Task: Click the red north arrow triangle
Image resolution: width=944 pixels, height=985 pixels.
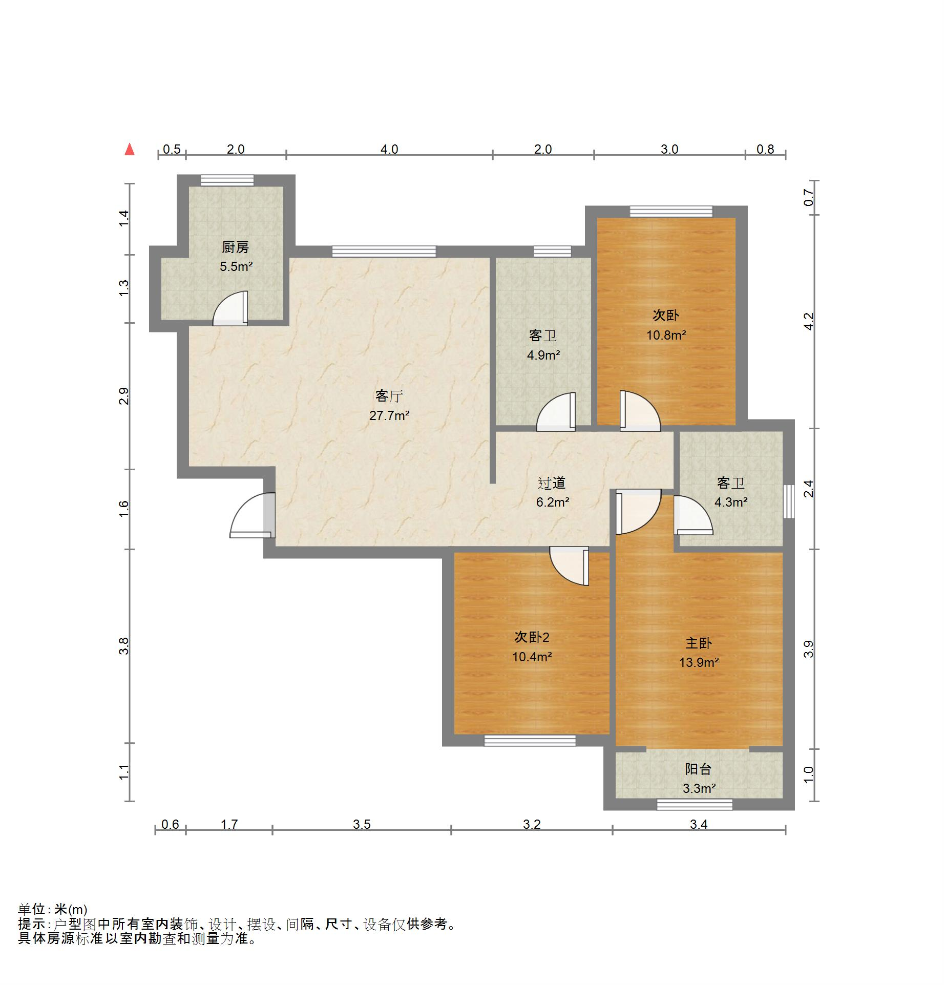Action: (130, 149)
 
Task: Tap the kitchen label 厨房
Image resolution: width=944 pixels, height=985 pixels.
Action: (236, 247)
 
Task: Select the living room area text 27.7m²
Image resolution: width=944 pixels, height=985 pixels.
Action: (389, 415)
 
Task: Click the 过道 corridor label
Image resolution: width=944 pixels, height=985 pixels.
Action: (552, 483)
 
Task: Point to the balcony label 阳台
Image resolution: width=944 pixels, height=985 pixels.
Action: (698, 769)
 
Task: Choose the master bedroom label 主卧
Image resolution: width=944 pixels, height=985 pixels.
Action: (699, 643)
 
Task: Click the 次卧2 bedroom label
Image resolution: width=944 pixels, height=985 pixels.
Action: (532, 637)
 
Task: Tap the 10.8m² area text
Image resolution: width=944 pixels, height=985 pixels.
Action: (666, 335)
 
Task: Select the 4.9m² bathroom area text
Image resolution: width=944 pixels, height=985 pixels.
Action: (543, 354)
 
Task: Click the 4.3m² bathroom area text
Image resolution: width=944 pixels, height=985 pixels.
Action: (731, 502)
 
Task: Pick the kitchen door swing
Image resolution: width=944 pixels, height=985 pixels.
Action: (230, 308)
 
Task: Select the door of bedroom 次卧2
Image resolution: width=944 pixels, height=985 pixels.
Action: (569, 566)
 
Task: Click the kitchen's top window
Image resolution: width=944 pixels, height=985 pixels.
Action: (227, 180)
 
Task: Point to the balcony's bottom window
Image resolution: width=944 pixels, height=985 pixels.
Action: (695, 805)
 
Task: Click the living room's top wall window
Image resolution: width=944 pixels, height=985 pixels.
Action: (384, 251)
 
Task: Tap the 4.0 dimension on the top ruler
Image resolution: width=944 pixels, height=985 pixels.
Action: (389, 149)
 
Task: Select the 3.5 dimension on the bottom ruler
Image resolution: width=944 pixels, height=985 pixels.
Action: (362, 824)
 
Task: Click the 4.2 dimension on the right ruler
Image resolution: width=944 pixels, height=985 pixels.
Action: (808, 321)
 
